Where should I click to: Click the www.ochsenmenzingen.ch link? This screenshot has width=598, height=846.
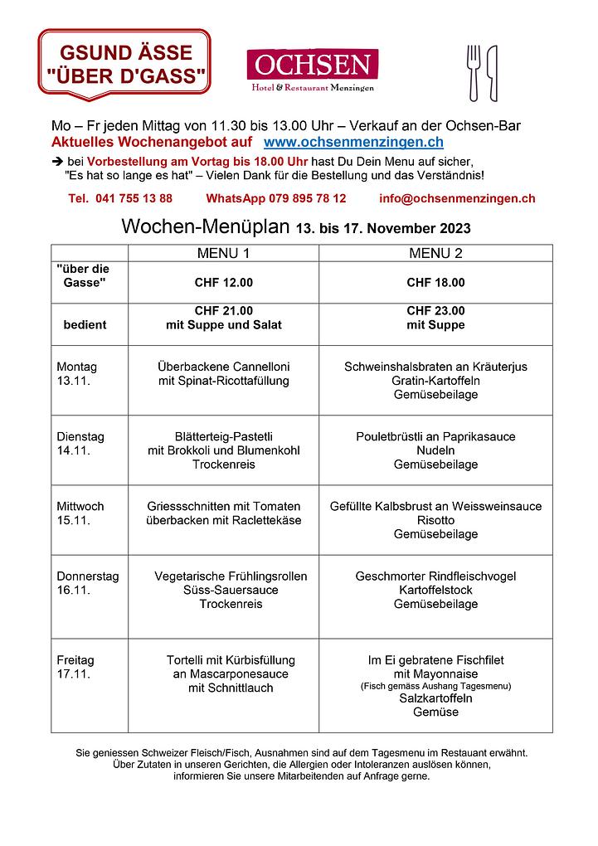pos(352,143)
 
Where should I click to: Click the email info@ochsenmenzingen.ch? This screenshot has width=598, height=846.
pos(456,198)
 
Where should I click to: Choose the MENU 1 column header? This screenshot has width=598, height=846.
pos(223,253)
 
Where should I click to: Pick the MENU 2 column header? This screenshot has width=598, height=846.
pos(435,253)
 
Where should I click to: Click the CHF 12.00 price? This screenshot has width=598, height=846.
pos(223,283)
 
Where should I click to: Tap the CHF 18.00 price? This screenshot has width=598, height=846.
pos(435,283)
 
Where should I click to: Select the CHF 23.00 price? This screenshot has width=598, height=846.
pos(435,311)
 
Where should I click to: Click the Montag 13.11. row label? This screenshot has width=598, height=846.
pos(77,373)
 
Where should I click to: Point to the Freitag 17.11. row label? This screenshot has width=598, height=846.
pos(75,667)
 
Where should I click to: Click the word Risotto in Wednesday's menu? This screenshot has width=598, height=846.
pos(435,520)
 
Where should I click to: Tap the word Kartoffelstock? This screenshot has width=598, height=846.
pos(435,590)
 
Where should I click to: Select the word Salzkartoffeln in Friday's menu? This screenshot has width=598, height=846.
pos(435,698)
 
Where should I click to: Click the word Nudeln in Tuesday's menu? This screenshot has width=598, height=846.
pos(435,450)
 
